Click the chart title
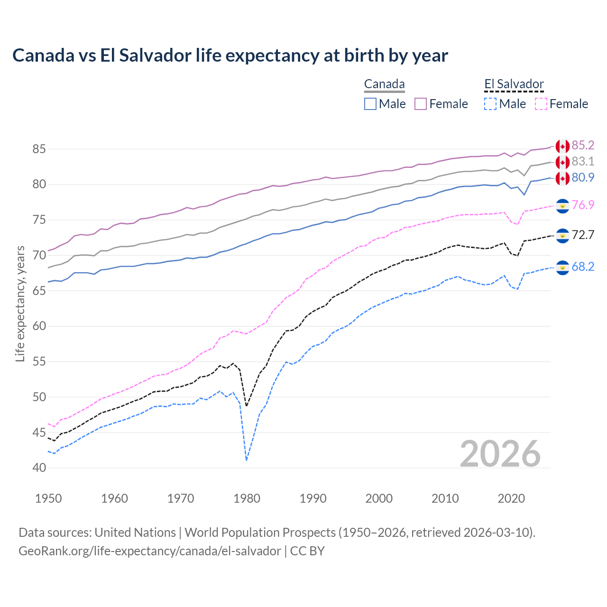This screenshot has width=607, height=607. [230, 55]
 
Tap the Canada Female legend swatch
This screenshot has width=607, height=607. [421, 104]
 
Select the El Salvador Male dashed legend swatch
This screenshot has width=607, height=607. [490, 104]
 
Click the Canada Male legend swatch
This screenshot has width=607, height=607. [370, 104]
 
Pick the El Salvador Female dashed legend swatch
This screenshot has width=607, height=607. [541, 104]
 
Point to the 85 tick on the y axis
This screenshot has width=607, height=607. [39, 149]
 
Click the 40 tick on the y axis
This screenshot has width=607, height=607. [39, 468]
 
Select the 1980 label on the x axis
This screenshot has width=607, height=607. [247, 498]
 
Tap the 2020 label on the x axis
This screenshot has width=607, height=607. [511, 498]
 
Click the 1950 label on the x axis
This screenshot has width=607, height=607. [49, 498]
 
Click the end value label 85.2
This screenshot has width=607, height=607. [583, 145]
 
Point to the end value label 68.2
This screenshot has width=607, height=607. [583, 267]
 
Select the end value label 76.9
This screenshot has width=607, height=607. [583, 205]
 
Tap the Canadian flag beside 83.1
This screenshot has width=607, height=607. [562, 162]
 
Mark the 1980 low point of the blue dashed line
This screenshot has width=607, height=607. [247, 460]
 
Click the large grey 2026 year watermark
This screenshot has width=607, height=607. [500, 454]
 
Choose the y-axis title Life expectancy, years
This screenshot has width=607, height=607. [20, 303]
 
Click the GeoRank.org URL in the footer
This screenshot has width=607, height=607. [149, 551]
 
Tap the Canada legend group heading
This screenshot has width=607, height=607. [384, 84]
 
